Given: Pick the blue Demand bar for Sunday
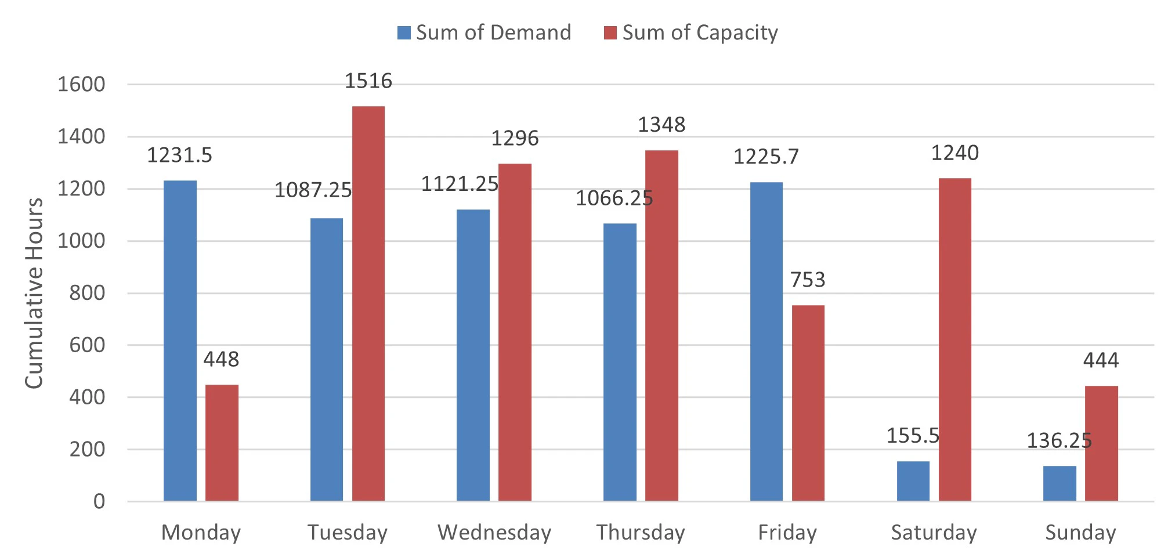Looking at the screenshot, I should tap(1059, 483).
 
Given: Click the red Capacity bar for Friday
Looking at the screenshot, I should tap(808, 403).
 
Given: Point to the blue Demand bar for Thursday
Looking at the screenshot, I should tap(620, 362).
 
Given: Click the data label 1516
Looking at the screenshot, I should tap(368, 81).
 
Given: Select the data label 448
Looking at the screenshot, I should tap(221, 359).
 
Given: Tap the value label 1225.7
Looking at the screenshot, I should tap(766, 157).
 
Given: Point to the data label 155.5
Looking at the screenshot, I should tap(913, 435).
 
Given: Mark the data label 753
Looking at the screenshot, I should tap(808, 280).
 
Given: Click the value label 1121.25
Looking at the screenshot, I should tap(460, 184).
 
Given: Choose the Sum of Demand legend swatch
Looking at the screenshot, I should tap(404, 32).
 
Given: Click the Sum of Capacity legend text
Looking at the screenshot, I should tap(700, 32).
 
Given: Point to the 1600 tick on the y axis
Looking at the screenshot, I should tap(81, 85).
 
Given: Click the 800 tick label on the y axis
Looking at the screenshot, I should tap(87, 293).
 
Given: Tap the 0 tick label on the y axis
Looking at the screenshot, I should tap(99, 501).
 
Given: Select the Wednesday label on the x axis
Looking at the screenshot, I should tap(494, 532).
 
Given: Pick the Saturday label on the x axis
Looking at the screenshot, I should tap(934, 532).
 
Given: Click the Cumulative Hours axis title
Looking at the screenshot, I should tap(34, 293).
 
